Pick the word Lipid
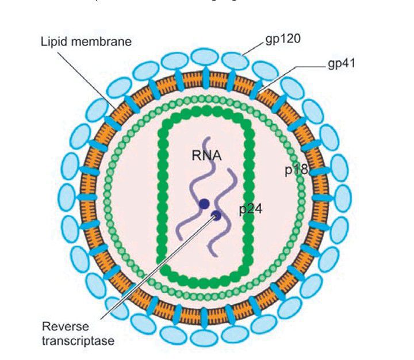[53, 41]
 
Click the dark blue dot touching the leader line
[216, 216]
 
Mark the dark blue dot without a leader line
[204, 203]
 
